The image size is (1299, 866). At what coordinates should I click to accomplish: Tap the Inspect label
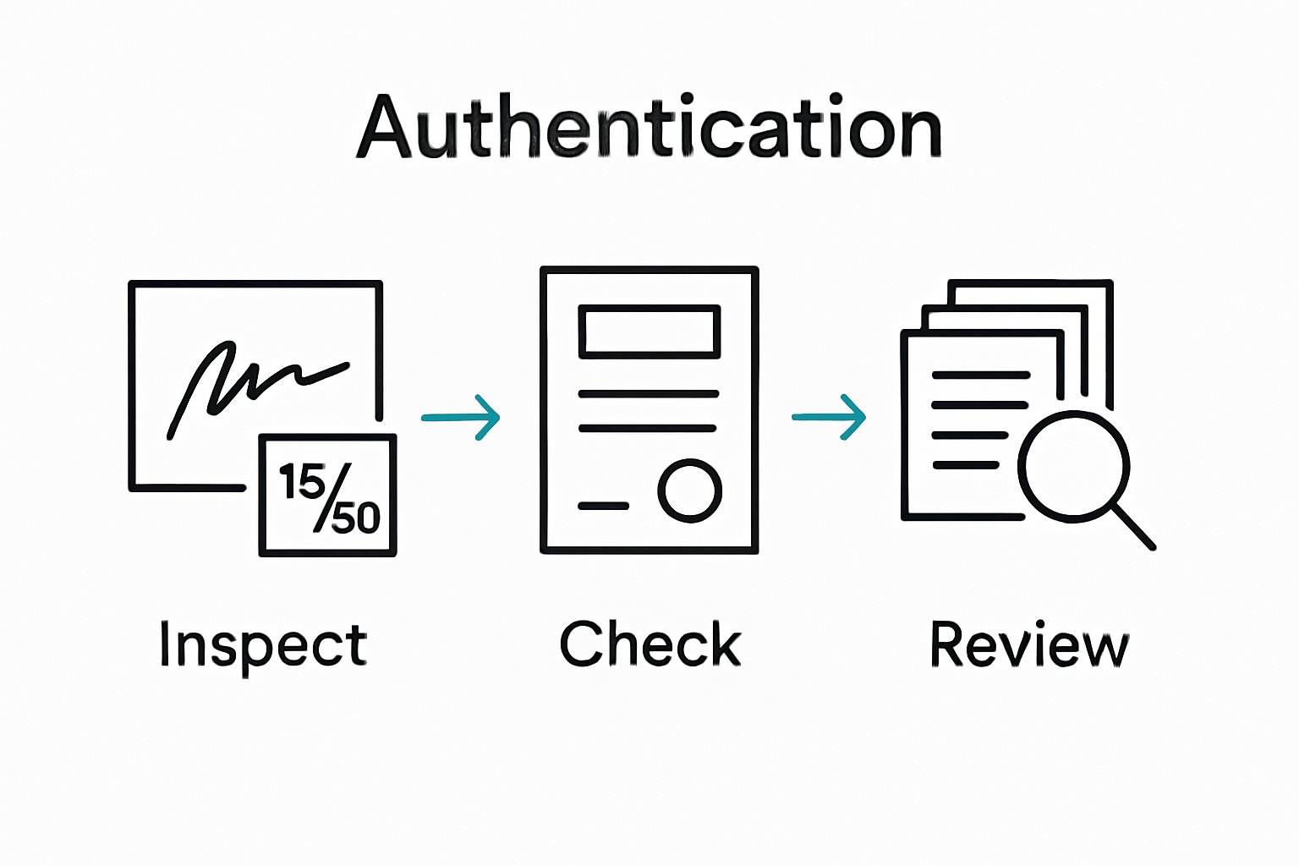(x=263, y=645)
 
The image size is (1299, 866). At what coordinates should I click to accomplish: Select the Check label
(x=649, y=644)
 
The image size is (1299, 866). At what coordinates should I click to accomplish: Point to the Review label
(x=1029, y=644)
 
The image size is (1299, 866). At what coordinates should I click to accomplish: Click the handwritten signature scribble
(x=254, y=381)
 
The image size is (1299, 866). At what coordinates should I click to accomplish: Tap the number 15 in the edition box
(x=301, y=481)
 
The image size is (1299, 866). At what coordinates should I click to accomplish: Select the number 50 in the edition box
(x=355, y=517)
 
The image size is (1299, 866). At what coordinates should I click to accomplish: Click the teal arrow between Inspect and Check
(x=461, y=417)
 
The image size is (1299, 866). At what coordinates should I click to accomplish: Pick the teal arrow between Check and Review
(x=829, y=417)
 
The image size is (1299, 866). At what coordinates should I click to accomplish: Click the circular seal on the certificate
(x=689, y=491)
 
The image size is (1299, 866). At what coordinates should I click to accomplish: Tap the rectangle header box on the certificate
(x=649, y=332)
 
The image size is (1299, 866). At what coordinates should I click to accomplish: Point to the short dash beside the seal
(x=603, y=506)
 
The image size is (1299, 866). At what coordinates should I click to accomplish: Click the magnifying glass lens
(x=1073, y=466)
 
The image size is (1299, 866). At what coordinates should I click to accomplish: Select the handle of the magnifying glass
(x=1133, y=527)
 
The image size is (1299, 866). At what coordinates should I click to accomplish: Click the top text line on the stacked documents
(x=980, y=375)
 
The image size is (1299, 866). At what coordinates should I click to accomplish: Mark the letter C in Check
(x=583, y=644)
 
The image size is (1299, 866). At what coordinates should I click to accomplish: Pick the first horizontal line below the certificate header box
(x=649, y=394)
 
